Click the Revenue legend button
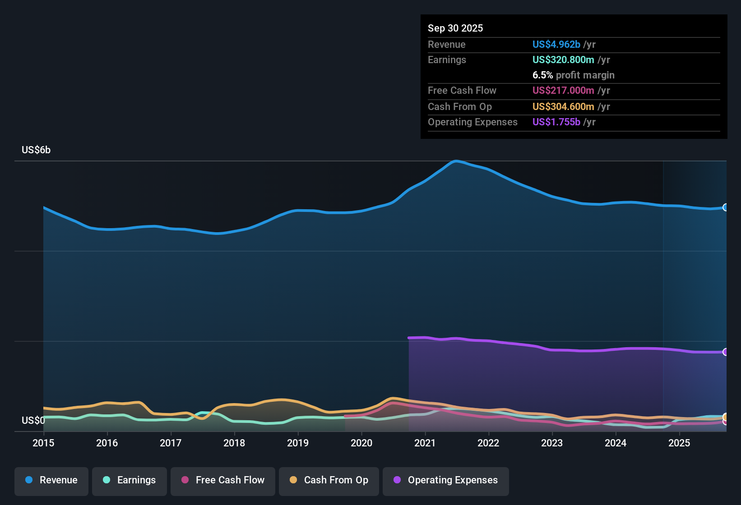[51, 480]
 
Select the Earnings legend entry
[130, 480]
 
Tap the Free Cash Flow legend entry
[223, 480]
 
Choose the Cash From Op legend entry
[329, 480]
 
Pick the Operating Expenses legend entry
[446, 480]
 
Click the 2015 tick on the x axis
[43, 443]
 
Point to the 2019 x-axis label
[298, 443]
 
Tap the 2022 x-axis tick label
[488, 443]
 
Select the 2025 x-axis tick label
[679, 443]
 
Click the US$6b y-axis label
[36, 150]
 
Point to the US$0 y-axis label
[33, 421]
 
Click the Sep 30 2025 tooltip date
[455, 28]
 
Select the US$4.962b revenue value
[556, 44]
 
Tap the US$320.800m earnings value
[563, 60]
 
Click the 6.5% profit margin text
[573, 75]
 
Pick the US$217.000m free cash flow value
[563, 90]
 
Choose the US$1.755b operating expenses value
[556, 122]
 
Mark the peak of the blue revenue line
[456, 161]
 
